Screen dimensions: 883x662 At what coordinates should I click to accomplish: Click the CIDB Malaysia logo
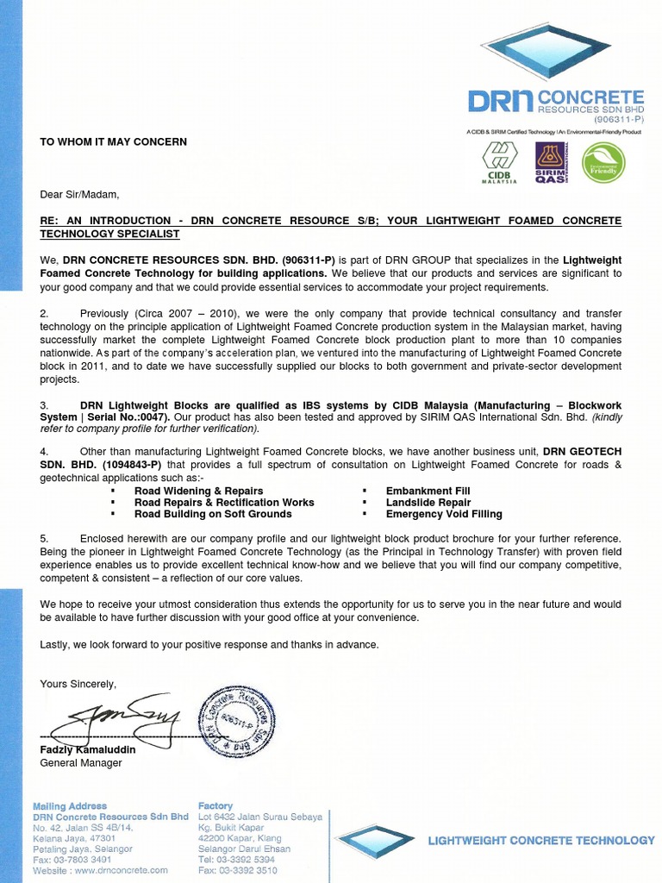pos(498,163)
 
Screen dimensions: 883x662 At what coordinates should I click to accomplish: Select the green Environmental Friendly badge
pos(603,163)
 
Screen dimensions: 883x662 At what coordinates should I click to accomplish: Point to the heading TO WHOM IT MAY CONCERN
pos(113,141)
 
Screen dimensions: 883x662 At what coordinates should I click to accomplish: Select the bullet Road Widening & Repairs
pos(198,491)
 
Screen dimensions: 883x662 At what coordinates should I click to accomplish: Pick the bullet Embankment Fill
pos(428,491)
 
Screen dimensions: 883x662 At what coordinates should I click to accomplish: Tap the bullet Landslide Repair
pos(428,502)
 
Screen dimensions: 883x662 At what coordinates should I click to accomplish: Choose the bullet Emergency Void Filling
pos(443,514)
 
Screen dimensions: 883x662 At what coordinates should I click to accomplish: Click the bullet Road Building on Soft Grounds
pos(212,514)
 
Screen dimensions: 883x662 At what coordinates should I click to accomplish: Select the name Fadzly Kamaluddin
pos(88,749)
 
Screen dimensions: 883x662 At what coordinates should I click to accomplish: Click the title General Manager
pos(81,762)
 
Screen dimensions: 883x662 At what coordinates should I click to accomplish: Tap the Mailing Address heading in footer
pos(70,806)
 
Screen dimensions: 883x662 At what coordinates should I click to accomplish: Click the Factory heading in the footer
pos(215,806)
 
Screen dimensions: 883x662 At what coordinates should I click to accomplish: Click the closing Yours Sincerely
pos(78,684)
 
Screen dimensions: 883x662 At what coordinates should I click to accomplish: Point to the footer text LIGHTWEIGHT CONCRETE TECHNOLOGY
pos(541,840)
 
